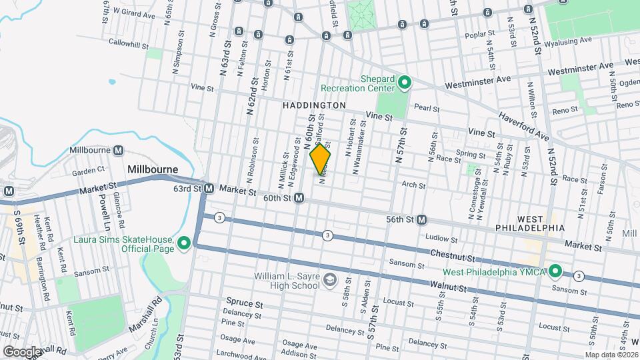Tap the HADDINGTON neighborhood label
point(314,105)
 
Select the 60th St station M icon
point(300,198)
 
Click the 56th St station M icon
point(421,219)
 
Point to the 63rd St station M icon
point(209,189)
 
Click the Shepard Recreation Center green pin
point(404,83)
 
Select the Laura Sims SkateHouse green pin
point(183,244)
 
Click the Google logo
point(21,351)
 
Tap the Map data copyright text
point(611,355)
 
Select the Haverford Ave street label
point(525,127)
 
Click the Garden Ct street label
point(85,172)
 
